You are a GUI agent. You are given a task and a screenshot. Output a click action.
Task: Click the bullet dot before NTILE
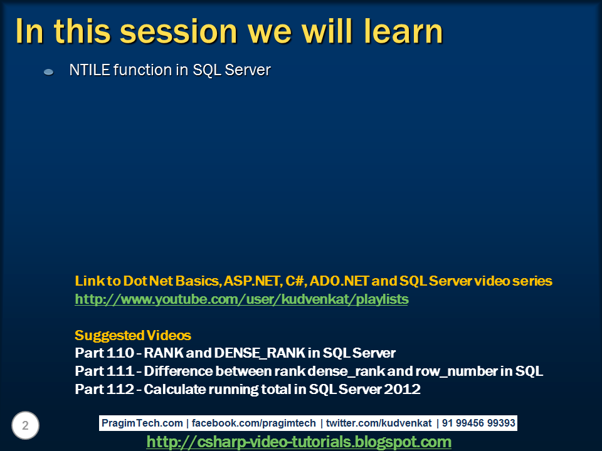pyautogui.click(x=48, y=73)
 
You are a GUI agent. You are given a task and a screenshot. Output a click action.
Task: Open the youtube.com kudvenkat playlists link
pyautogui.click(x=241, y=299)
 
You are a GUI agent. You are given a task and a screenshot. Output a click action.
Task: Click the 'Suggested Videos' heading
pyautogui.click(x=133, y=335)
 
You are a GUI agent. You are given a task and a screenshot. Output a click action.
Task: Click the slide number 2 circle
pyautogui.click(x=25, y=426)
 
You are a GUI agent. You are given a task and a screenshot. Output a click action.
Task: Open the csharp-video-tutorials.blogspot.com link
pyautogui.click(x=298, y=442)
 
